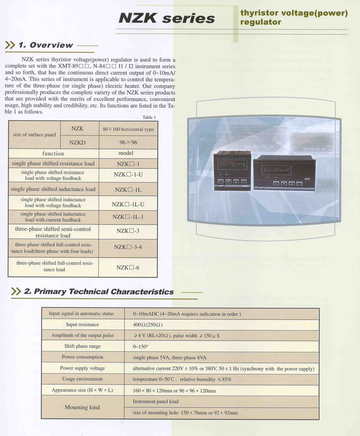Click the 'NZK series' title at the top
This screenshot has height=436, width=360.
[x=166, y=18]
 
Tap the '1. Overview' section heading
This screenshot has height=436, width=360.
[x=45, y=45]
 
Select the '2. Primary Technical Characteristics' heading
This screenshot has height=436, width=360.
[x=99, y=292]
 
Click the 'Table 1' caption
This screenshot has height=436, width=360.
[x=149, y=117]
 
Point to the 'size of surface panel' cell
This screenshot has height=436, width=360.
[x=35, y=135]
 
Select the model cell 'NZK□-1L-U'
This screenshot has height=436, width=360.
[x=128, y=204]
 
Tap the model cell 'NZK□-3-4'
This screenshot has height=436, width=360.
[x=128, y=247]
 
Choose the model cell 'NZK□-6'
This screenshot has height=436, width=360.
[x=128, y=267]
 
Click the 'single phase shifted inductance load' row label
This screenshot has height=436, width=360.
[x=53, y=189]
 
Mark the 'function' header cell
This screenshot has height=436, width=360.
[x=53, y=154]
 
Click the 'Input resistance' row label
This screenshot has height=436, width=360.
[x=83, y=324]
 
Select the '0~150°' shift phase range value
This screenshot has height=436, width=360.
[x=141, y=346]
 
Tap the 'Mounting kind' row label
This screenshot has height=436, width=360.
[x=83, y=407]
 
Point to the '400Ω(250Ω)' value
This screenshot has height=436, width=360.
[x=148, y=324]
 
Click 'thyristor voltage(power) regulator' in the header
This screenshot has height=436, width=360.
[x=294, y=17]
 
